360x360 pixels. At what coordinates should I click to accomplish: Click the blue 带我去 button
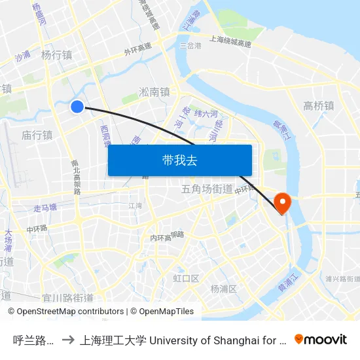coord(179,160)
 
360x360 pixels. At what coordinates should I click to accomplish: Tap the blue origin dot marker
coord(77,107)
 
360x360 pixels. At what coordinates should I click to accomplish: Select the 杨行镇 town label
coord(56,55)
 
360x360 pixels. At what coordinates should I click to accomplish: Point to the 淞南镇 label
coord(154,92)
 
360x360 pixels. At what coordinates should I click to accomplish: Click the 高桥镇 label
coord(319,105)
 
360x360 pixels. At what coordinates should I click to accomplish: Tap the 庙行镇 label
coord(37,135)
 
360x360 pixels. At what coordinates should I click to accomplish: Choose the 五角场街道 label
coord(206,189)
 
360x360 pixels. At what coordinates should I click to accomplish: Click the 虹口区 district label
coord(186,278)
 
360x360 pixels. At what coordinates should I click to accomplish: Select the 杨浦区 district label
coord(223,289)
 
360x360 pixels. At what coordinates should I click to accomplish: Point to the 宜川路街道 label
coord(67,298)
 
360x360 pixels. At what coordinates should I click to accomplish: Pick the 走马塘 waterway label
coord(45,207)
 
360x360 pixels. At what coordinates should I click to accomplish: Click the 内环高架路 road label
coord(167,236)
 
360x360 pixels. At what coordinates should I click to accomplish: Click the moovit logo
coord(321,339)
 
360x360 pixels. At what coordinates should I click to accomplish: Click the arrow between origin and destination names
coord(67,340)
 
